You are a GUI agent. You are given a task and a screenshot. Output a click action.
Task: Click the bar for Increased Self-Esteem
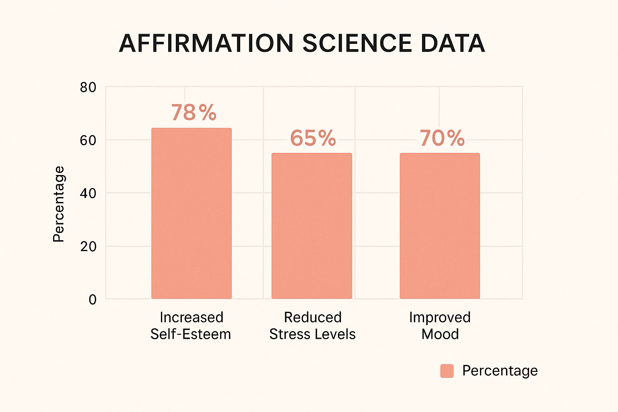point(192,213)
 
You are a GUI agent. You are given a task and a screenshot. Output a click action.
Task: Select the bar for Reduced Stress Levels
point(312,226)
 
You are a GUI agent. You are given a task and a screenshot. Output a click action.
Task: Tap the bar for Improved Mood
point(440,226)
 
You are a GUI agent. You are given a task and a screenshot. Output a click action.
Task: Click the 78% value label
point(194,113)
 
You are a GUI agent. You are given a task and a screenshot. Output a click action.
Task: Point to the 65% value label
point(313,138)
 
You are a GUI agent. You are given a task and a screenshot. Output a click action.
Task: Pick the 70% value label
point(442,138)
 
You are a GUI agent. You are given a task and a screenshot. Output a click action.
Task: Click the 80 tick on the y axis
point(88,87)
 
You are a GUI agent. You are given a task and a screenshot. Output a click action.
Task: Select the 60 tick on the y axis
point(88,140)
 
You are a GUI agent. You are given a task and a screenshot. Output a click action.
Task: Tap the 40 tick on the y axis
point(88,194)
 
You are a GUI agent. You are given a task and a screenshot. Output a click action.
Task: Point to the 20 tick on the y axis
point(88,247)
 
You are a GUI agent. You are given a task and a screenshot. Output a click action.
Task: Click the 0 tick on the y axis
point(93,300)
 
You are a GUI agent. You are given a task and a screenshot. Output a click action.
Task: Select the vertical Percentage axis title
point(59,204)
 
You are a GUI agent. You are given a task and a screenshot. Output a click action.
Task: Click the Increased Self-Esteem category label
point(191,325)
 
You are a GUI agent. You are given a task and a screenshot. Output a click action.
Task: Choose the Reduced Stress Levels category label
point(313,325)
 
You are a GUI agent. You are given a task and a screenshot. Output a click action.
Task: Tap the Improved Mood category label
point(440,325)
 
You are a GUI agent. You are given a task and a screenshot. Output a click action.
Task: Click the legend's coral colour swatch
point(447,371)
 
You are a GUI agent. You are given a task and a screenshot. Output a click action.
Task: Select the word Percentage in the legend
point(500,371)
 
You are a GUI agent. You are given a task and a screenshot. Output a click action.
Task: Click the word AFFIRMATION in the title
point(206,43)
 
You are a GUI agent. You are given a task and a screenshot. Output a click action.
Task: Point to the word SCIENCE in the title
point(357,43)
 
